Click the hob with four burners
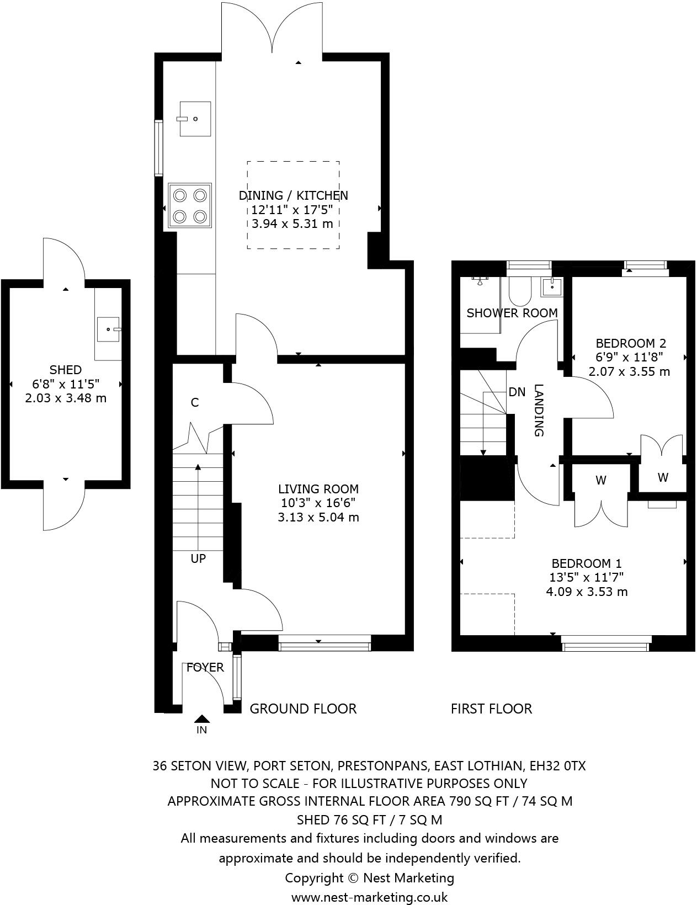tap(190, 206)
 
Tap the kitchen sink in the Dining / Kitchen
tap(194, 118)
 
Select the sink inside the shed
tap(108, 329)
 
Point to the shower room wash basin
tap(552, 286)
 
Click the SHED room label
tap(66, 370)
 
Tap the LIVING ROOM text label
tap(318, 489)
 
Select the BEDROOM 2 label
tap(631, 343)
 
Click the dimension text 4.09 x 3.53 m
tap(587, 592)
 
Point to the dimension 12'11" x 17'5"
tap(293, 210)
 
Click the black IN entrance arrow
tap(202, 718)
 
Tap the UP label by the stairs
tap(198, 558)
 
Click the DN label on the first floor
tap(517, 392)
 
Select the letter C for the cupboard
tap(194, 403)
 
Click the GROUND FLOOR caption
tap(303, 709)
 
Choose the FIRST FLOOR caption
tap(491, 709)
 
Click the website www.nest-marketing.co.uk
tap(369, 897)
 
